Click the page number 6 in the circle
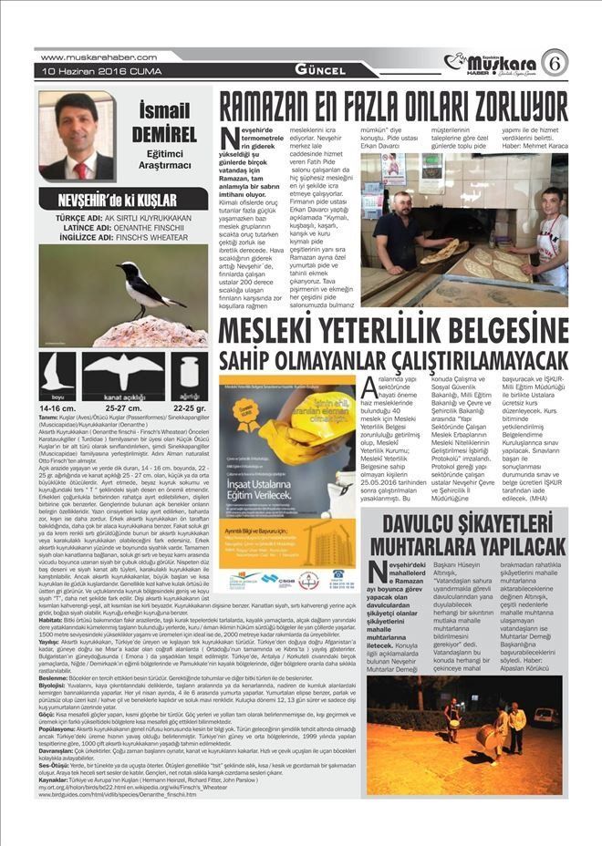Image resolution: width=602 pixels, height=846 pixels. [x=554, y=63]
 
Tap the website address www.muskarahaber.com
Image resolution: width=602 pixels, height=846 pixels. [x=87, y=58]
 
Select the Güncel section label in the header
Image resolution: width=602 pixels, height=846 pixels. [x=319, y=70]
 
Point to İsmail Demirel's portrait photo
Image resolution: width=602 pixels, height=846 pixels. [x=77, y=136]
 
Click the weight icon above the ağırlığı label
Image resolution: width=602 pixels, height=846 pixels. [x=189, y=372]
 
